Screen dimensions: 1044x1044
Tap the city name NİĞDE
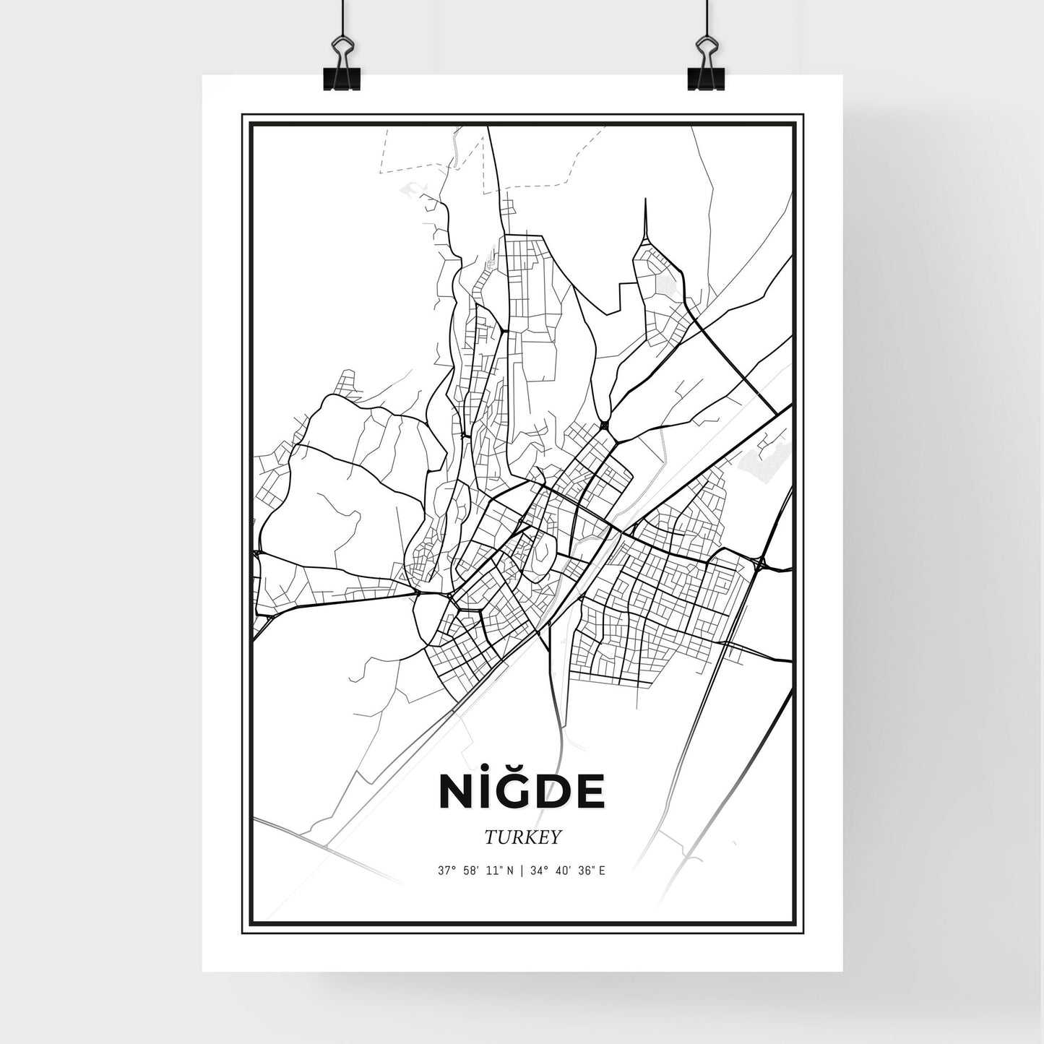click(522, 792)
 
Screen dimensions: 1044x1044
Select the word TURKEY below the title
click(523, 837)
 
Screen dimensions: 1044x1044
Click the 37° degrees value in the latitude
click(447, 871)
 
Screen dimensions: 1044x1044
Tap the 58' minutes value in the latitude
click(472, 871)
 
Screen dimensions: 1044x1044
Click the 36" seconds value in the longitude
click(586, 871)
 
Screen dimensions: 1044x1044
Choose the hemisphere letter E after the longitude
click(602, 871)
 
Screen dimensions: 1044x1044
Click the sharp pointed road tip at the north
click(643, 202)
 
